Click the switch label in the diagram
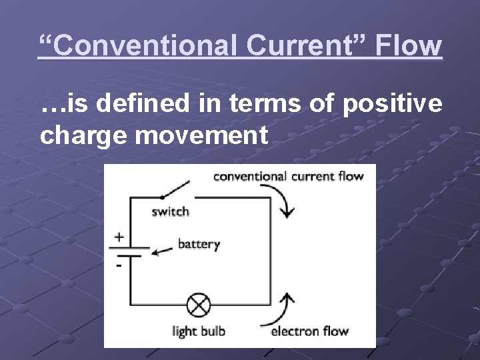click(170, 212)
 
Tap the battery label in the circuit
click(198, 244)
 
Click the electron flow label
click(310, 331)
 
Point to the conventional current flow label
click(288, 177)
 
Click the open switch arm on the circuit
click(176, 189)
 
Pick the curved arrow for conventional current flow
click(283, 201)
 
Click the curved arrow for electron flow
click(283, 306)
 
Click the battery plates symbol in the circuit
click(129, 252)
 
